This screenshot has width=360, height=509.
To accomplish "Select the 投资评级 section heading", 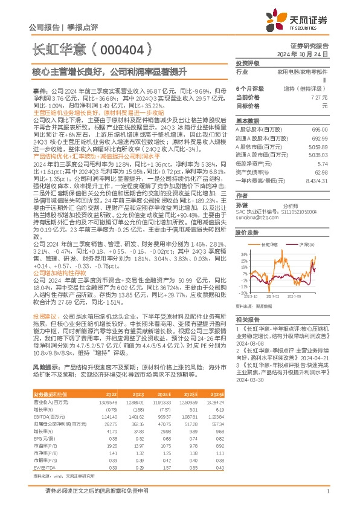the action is pyautogui.click(x=247, y=63).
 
